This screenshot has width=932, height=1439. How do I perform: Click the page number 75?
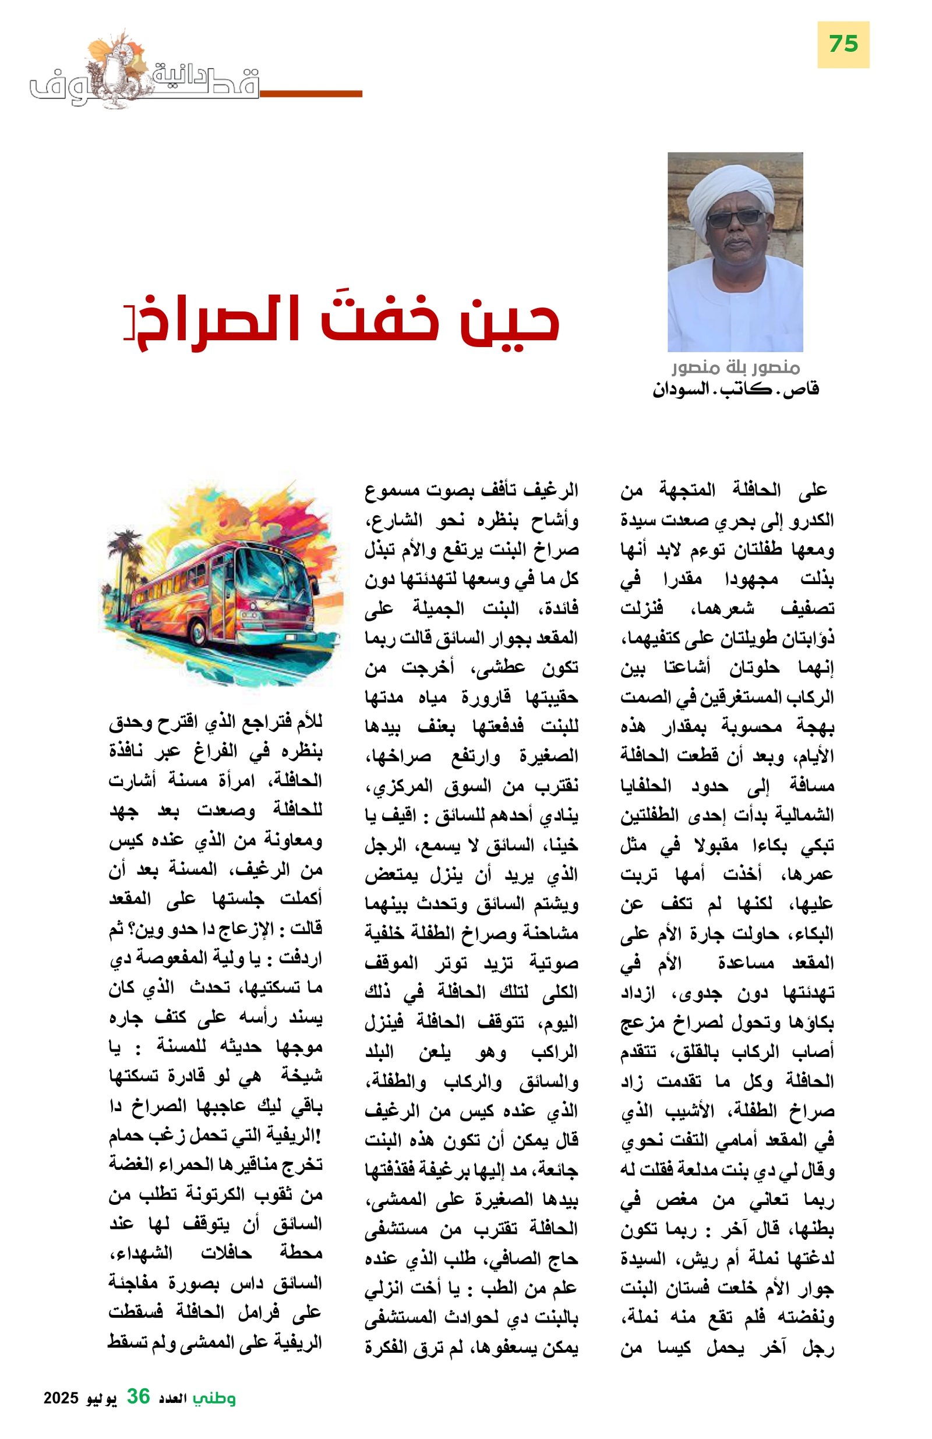point(842,44)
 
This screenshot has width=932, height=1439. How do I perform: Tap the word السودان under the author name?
point(680,389)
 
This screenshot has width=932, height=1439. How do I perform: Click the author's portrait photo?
point(735,252)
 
